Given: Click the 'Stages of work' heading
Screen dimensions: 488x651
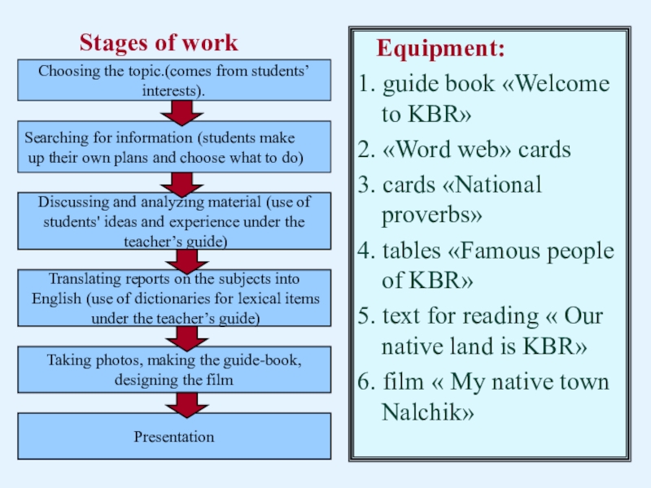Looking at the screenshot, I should click(159, 43).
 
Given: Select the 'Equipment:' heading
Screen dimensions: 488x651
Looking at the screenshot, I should click(440, 50).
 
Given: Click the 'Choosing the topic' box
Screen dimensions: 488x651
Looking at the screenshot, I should click(174, 81).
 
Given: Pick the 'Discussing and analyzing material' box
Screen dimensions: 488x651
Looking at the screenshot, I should click(174, 220).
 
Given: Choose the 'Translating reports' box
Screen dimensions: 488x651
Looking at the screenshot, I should click(174, 298).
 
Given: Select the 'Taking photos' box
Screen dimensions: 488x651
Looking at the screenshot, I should click(174, 369).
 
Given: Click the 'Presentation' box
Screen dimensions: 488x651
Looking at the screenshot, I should click(174, 437).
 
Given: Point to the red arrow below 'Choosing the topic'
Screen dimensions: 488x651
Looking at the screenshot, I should click(183, 111).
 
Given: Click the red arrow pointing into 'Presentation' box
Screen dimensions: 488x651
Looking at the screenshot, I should click(183, 403).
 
